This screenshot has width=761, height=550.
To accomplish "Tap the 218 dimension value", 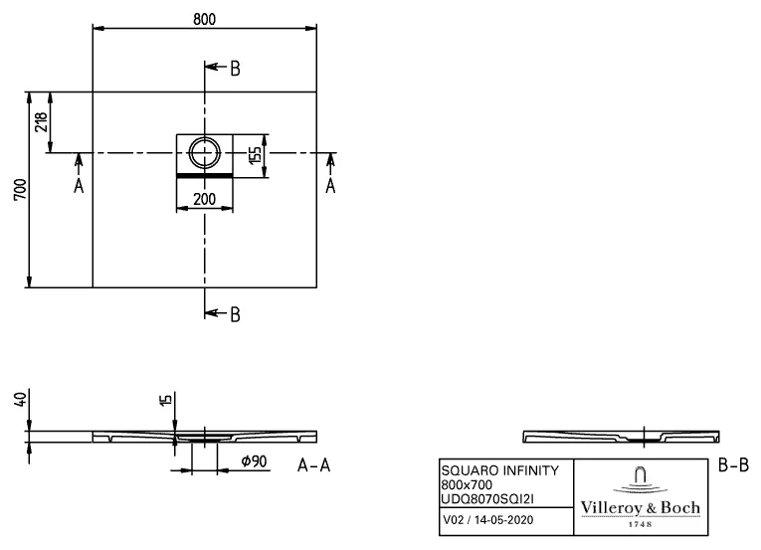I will coord(42,121).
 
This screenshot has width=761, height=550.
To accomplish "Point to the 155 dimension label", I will coord(255,155).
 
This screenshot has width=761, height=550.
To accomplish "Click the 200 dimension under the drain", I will coord(205,199).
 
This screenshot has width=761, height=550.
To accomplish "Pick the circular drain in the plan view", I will coord(205,153).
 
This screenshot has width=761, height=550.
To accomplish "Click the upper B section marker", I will coord(235,69).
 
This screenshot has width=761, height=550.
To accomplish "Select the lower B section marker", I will coord(235,314).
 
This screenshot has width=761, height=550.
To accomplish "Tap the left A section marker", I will coord(78,185).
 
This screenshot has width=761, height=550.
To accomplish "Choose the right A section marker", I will coord(330,185).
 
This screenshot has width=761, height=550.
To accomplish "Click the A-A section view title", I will coord(315,464).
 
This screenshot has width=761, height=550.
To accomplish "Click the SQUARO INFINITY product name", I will coord(499,470).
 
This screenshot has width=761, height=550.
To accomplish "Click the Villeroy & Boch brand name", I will coord(640,508).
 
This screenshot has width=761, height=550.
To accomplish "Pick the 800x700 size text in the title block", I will coord(467,484).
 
